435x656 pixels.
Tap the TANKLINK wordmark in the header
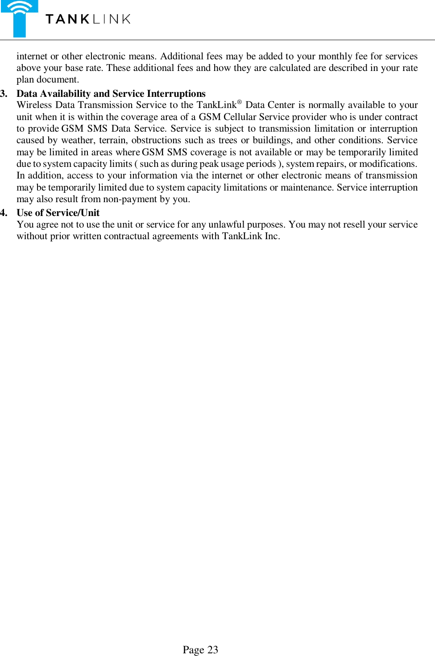[x=88, y=19]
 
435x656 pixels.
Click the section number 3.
[x=4, y=94]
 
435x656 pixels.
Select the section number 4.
[x=4, y=213]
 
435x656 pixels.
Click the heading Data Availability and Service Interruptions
[x=111, y=94]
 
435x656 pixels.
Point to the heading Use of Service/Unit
[x=58, y=213]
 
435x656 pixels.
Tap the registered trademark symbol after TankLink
[x=239, y=102]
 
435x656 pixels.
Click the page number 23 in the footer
[x=212, y=650]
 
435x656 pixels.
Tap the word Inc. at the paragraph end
[x=272, y=237]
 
